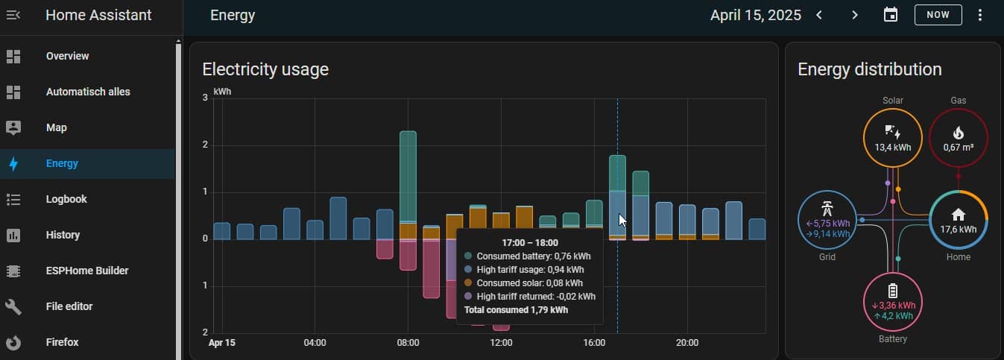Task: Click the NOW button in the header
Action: coord(938,15)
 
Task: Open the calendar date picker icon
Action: coord(891,15)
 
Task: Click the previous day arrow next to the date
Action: coord(819,15)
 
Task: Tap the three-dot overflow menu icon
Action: coord(980,15)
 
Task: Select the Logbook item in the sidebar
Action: coord(66,199)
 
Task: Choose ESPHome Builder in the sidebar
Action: coord(86,271)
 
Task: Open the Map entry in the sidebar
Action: coord(56,127)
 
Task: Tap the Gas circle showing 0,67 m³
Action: coord(958,138)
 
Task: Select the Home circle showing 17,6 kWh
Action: coord(958,219)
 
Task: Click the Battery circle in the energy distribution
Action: coord(892,301)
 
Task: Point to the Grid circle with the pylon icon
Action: coord(827,219)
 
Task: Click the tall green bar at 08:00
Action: coord(408,175)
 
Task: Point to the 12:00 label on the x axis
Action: coord(501,343)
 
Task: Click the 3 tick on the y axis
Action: coord(205,98)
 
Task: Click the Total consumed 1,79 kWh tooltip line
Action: coord(516,309)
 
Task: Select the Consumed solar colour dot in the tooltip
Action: coord(468,283)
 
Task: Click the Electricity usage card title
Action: coord(265,69)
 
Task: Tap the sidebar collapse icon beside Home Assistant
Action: coord(13,15)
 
